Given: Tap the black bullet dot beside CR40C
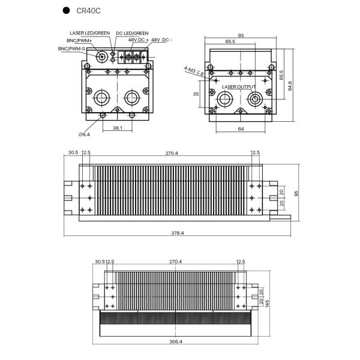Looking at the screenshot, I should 67,11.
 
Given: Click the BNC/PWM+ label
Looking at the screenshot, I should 79,40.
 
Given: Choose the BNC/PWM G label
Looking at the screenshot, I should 71,47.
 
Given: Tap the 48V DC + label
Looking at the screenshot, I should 138,40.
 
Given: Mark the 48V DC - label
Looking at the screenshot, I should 161,40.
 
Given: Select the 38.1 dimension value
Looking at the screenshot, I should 117,127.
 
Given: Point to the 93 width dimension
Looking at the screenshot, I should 240,36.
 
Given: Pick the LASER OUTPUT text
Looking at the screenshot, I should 238,87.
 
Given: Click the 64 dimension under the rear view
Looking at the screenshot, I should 240,128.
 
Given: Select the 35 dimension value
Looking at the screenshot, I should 196,94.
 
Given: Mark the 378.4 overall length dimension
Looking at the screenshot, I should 178,233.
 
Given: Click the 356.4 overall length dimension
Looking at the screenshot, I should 176,341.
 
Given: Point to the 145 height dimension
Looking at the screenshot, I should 267,302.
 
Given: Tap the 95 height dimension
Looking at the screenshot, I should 296,193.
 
